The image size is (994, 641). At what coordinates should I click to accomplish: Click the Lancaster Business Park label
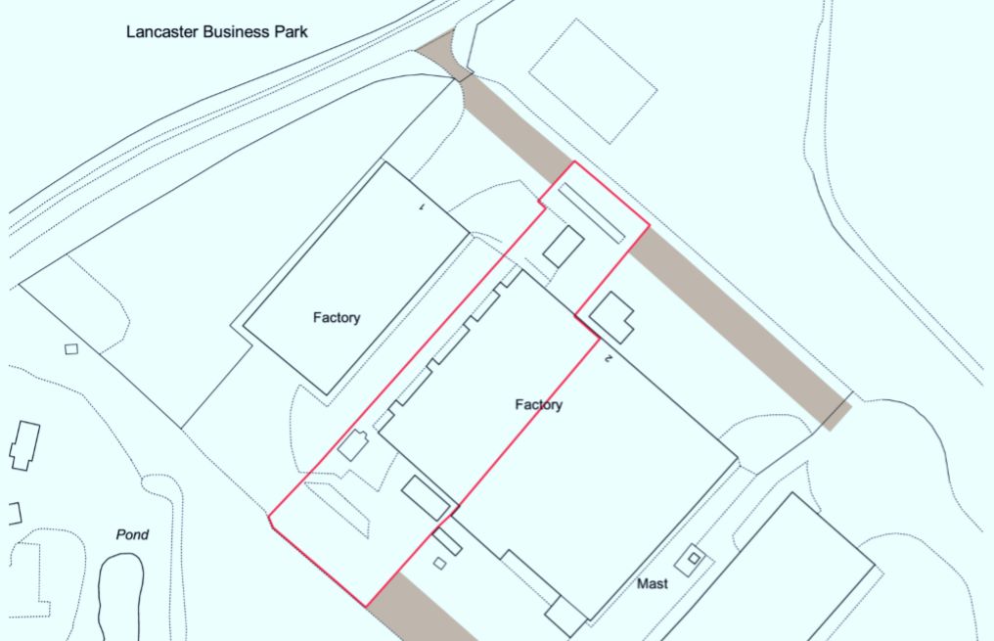point(217,31)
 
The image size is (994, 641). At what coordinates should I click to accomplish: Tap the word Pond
point(132,534)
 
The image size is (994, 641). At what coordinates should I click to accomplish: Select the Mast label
point(653,584)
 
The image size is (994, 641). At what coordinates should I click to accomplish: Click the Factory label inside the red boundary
point(539,404)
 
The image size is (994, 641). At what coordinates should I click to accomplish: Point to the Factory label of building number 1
point(337,317)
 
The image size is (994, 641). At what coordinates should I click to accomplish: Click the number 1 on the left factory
point(421,207)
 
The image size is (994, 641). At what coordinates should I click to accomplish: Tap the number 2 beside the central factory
point(608,359)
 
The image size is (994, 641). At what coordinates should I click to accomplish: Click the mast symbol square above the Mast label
point(694,558)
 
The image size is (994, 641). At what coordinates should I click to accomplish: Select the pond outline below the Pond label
point(120,592)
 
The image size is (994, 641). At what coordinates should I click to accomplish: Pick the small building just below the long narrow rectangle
point(564,246)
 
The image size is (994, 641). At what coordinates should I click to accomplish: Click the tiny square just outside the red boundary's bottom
point(439,563)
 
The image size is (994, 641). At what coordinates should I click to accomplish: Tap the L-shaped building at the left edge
point(24,445)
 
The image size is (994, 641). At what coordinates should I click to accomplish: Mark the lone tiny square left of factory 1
point(70,348)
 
